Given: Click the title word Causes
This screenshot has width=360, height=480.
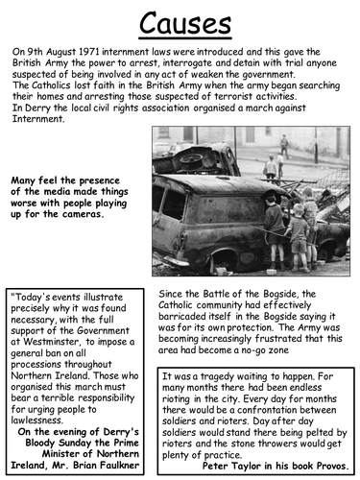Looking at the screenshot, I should click(x=180, y=22).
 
